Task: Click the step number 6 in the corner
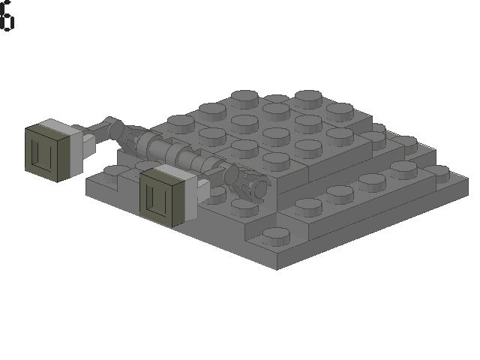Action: pyautogui.click(x=6, y=16)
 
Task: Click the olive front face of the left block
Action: pyautogui.click(x=46, y=151)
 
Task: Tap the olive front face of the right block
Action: pyautogui.click(x=160, y=197)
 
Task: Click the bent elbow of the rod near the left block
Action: pyautogui.click(x=114, y=127)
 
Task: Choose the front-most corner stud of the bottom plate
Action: pyautogui.click(x=275, y=235)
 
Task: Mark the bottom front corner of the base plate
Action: pyautogui.click(x=277, y=268)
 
